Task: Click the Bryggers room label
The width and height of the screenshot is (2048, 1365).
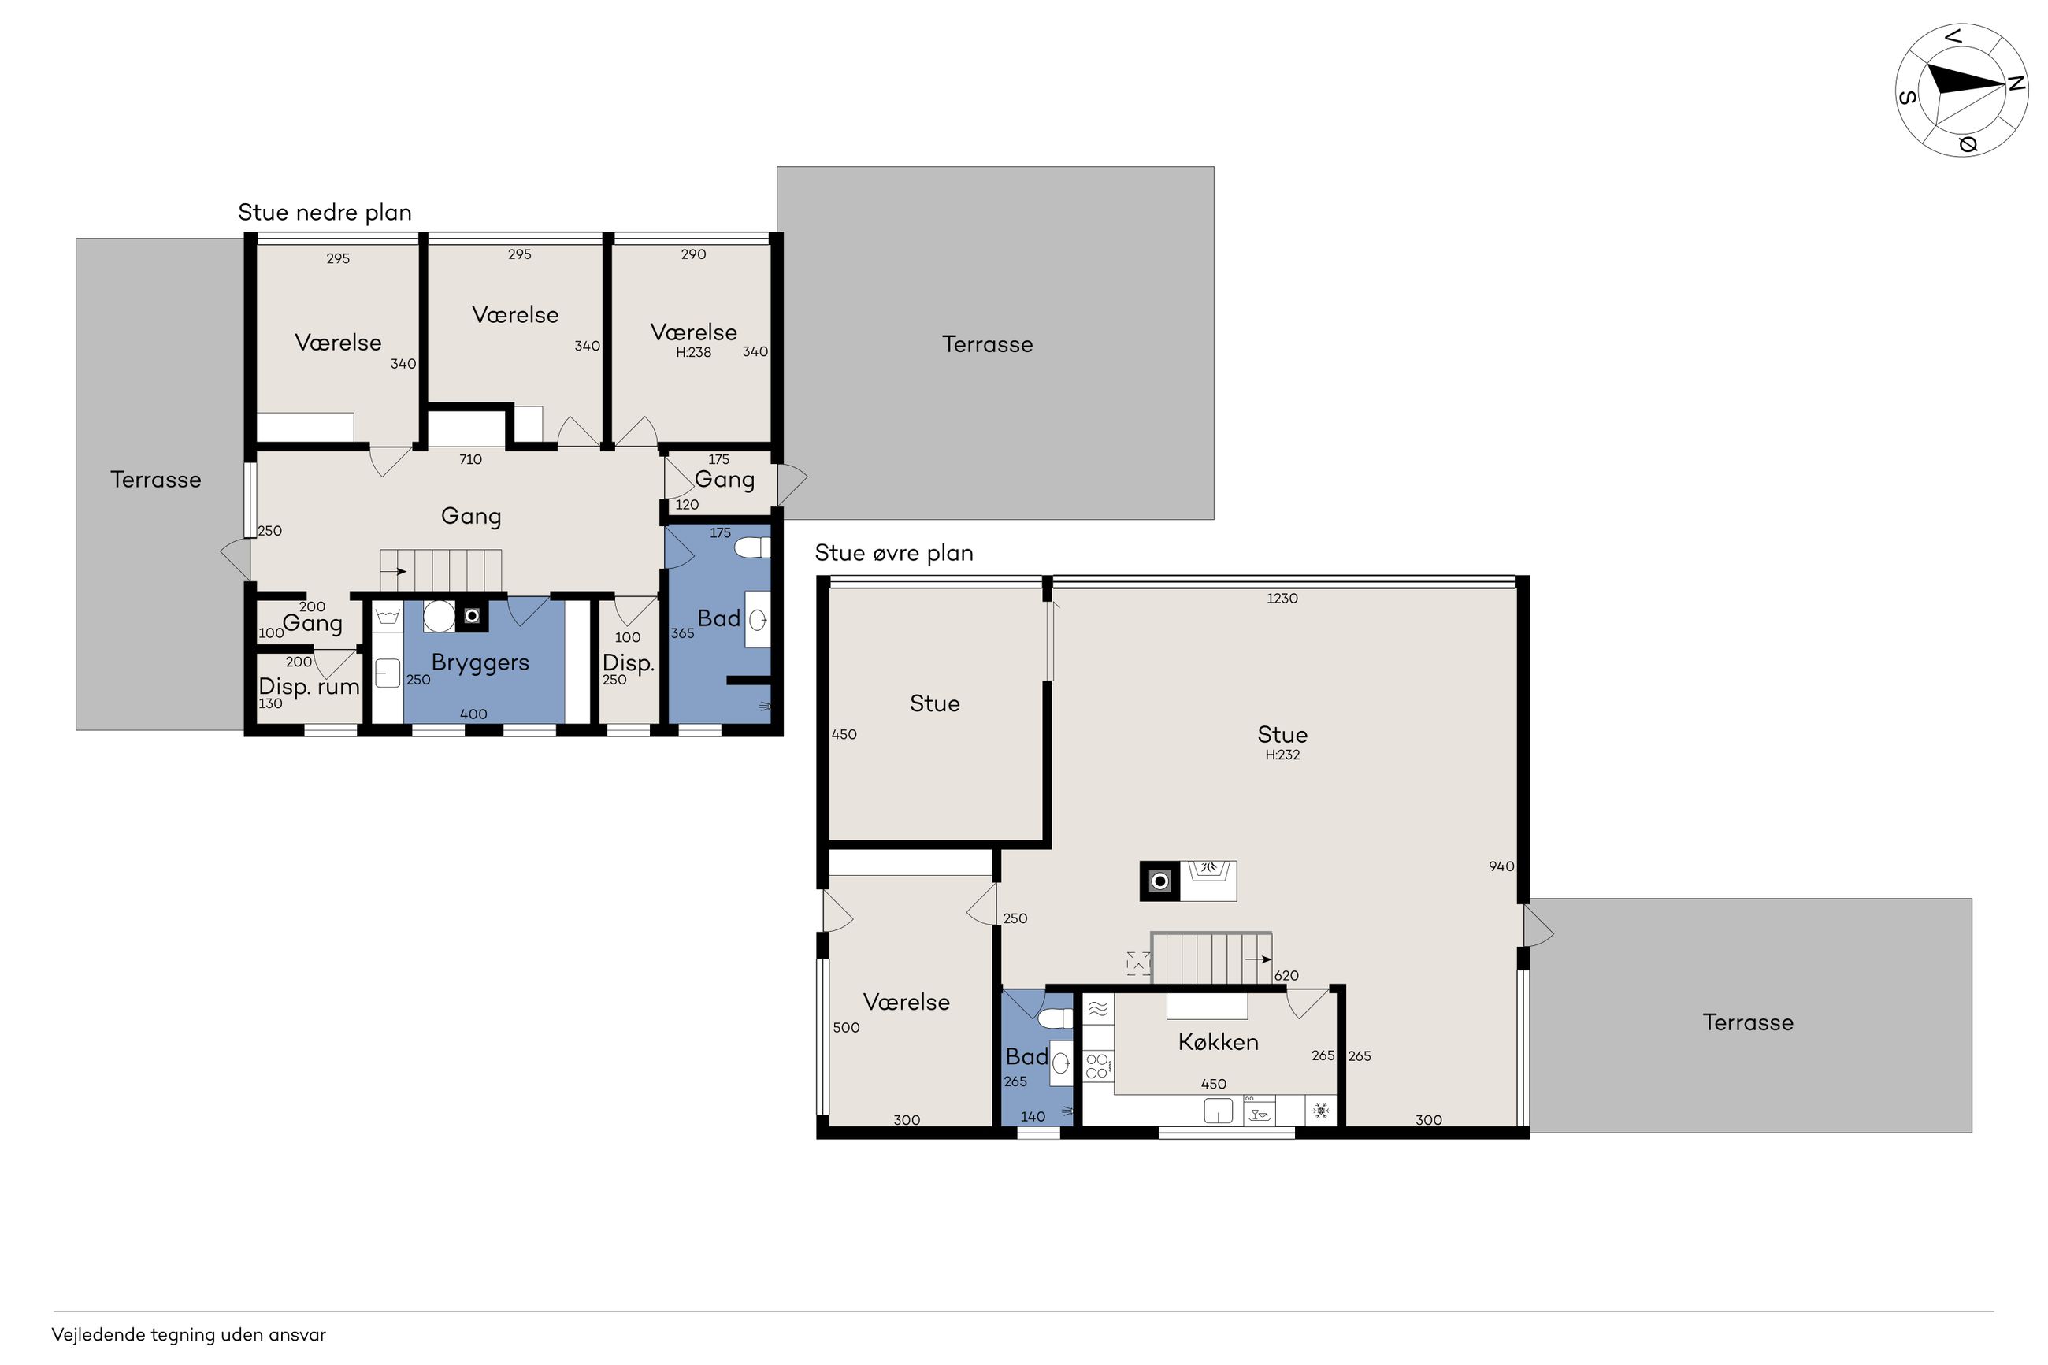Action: (480, 663)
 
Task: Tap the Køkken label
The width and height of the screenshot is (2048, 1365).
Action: (1218, 1042)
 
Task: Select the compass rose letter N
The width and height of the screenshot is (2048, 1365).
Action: (2016, 84)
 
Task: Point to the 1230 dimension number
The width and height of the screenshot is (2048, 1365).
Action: (1282, 599)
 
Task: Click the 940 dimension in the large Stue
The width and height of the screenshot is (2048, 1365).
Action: (1501, 866)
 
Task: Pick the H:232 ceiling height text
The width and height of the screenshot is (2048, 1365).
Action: (1282, 755)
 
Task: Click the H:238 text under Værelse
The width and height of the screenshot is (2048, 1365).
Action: (694, 353)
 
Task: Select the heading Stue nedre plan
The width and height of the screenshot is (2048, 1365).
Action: (325, 213)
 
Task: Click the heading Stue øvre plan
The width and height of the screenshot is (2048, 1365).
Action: (894, 554)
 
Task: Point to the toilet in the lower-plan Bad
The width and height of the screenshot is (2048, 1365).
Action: (753, 547)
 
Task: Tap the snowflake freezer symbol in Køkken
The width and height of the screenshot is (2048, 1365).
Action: (1321, 1111)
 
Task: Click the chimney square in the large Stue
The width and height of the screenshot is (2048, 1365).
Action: (1160, 881)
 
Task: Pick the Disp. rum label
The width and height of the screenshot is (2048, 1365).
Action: (309, 687)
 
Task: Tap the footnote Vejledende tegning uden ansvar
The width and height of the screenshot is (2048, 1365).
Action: (189, 1334)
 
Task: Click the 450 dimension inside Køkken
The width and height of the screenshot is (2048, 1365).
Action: (1213, 1084)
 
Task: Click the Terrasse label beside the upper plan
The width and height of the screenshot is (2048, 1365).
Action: (1748, 1022)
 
